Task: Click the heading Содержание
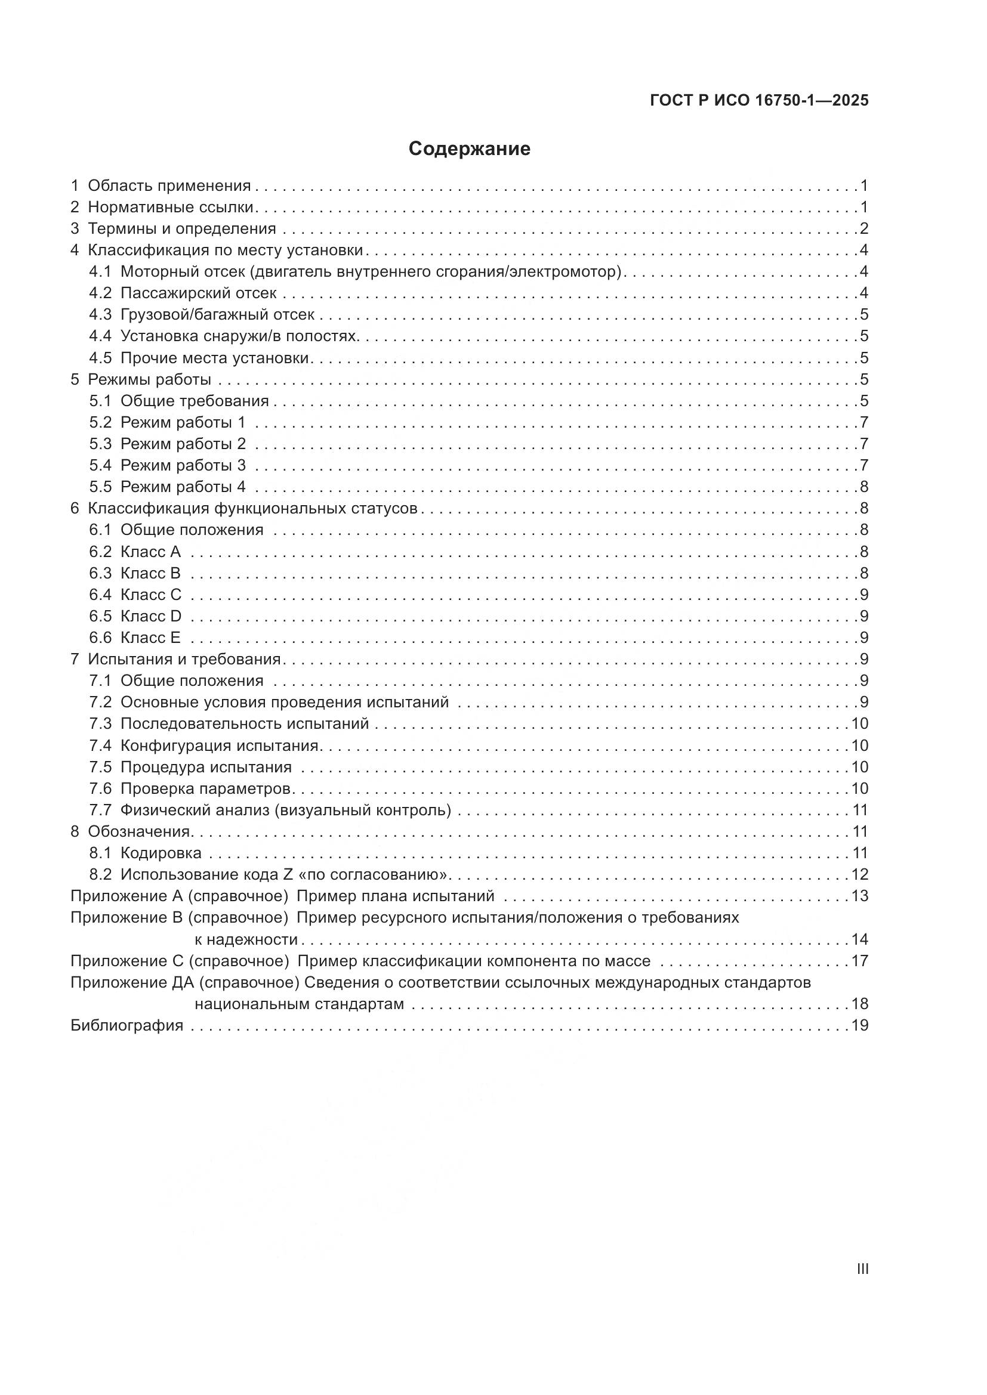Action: pyautogui.click(x=469, y=149)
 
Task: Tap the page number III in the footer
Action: pyautogui.click(x=862, y=1269)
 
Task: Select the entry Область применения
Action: pyautogui.click(x=169, y=186)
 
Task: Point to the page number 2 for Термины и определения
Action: pyautogui.click(x=863, y=229)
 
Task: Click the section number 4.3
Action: pyautogui.click(x=100, y=315)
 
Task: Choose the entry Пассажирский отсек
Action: pyautogui.click(x=198, y=293)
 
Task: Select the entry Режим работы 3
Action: pyautogui.click(x=183, y=465)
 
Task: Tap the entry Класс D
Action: pyautogui.click(x=151, y=616)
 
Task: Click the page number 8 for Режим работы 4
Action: pyautogui.click(x=863, y=487)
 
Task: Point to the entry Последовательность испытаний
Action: pyautogui.click(x=244, y=723)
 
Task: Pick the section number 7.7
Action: pyautogui.click(x=100, y=810)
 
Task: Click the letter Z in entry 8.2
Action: pyautogui.click(x=288, y=874)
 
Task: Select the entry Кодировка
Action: pyautogui.click(x=161, y=853)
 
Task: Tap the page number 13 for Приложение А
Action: pyautogui.click(x=859, y=896)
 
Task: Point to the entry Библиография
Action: pyautogui.click(x=127, y=1026)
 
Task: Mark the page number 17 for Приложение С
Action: pyautogui.click(x=859, y=961)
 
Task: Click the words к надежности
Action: pyautogui.click(x=246, y=940)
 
